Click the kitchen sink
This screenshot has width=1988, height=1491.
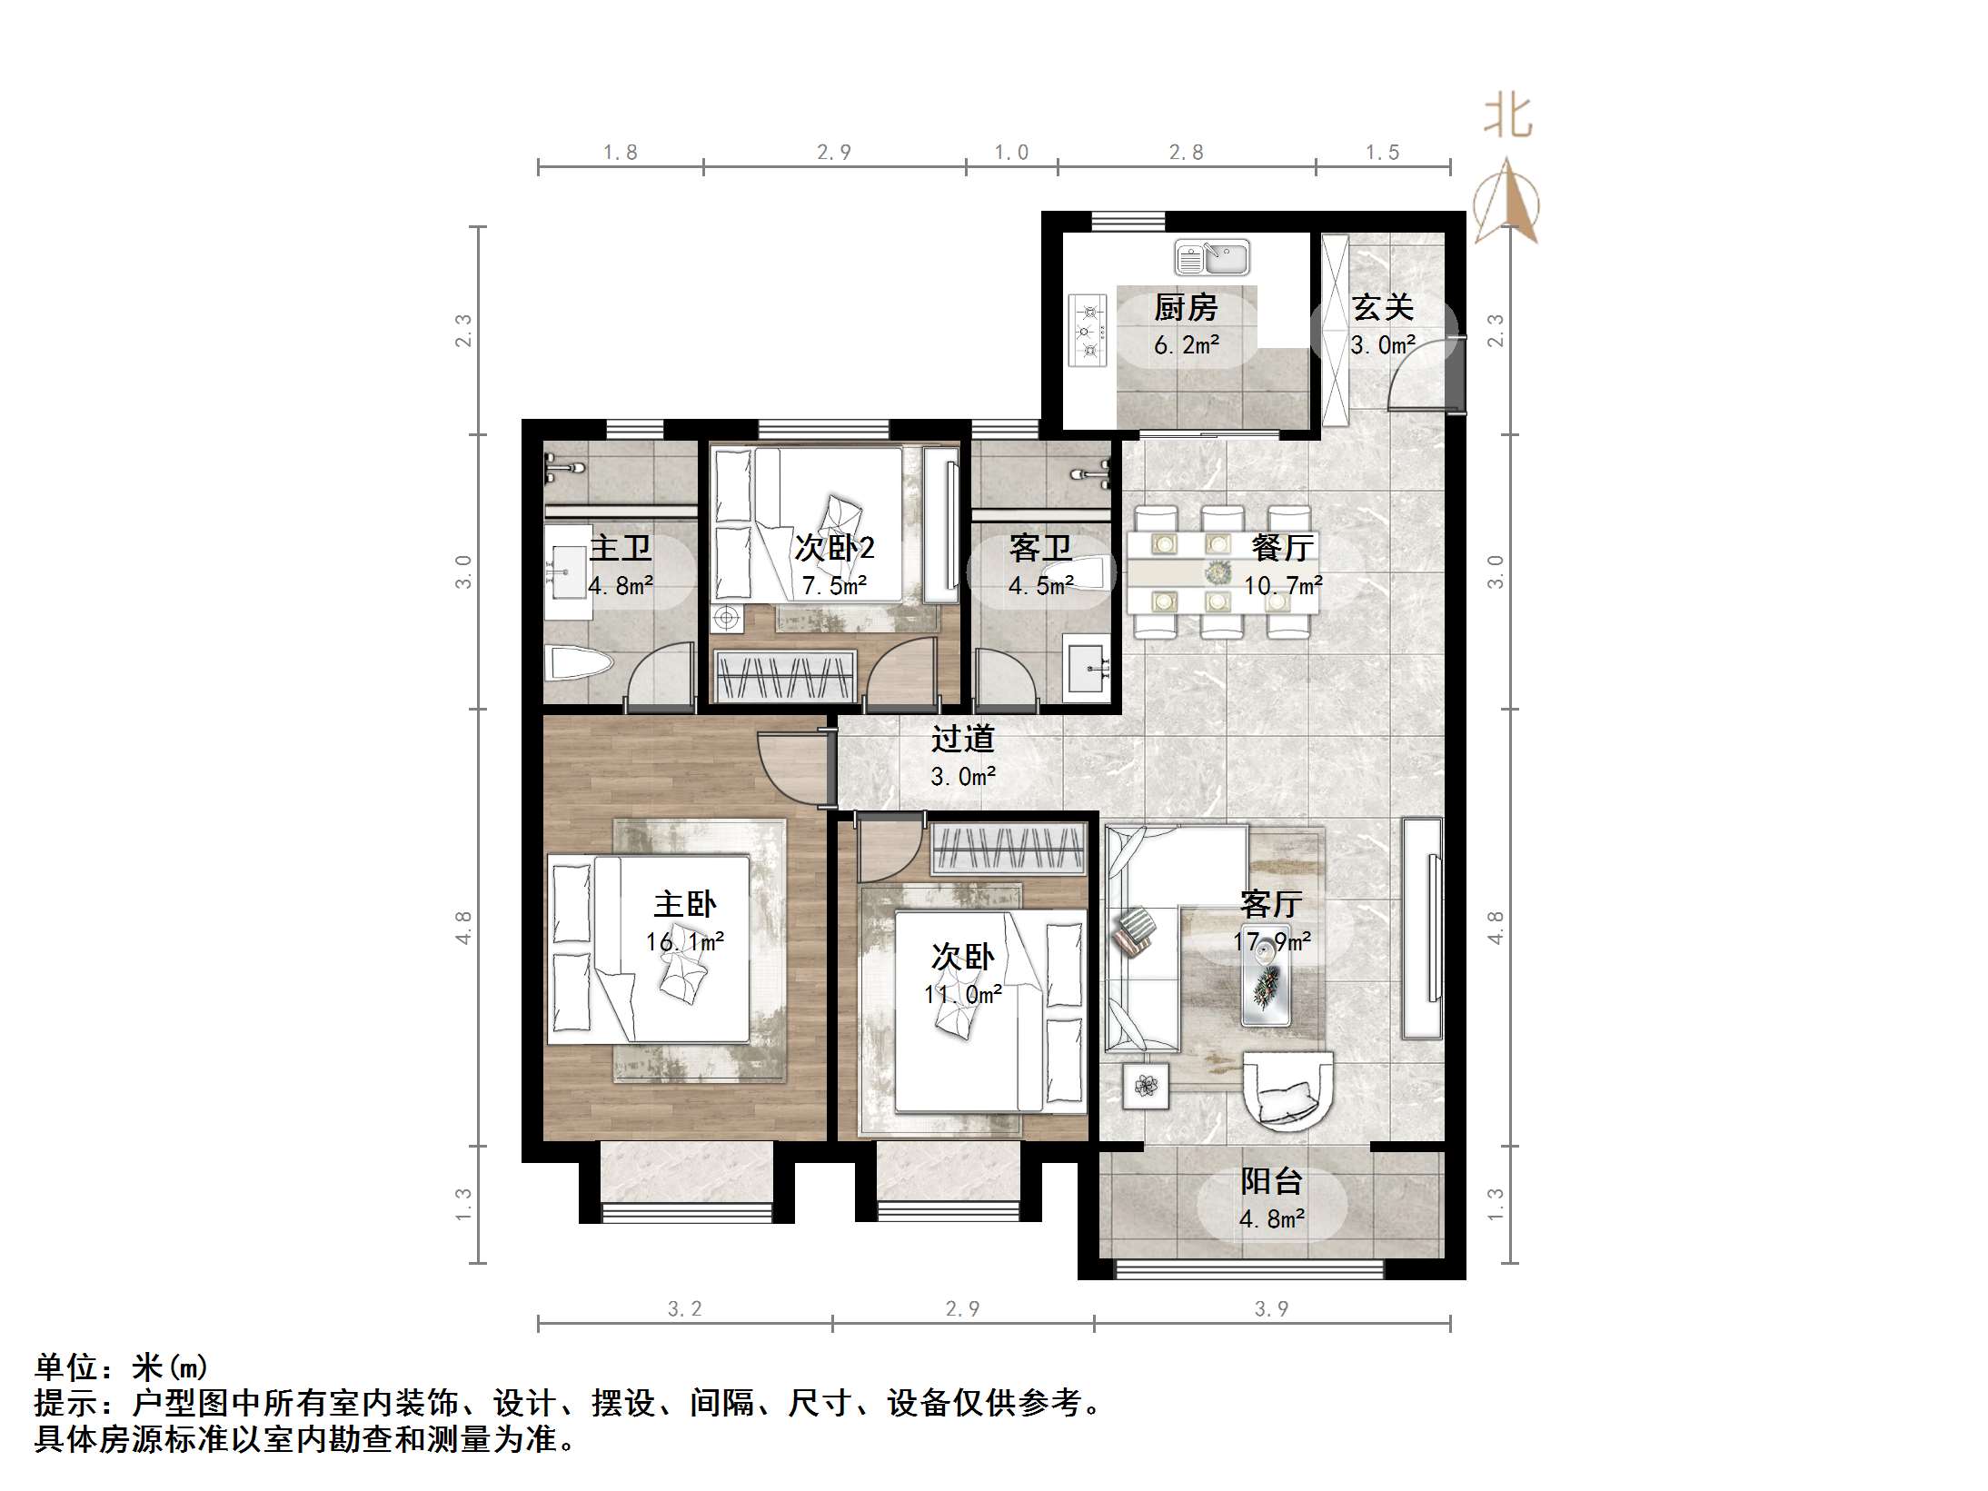[x=1212, y=257]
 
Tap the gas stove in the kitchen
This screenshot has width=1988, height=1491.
[x=1088, y=330]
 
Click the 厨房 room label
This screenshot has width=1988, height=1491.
[x=1186, y=309]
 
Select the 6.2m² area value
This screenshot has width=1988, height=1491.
[x=1187, y=345]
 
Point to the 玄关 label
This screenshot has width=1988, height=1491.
[x=1383, y=308]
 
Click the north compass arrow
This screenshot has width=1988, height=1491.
[x=1506, y=200]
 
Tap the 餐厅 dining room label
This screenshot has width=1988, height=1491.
[x=1282, y=547]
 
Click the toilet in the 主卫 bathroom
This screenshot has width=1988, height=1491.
[x=577, y=664]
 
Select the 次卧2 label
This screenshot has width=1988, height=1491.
[x=834, y=548]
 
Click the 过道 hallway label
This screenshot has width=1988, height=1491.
[x=962, y=739]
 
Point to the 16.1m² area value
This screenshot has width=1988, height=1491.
[x=685, y=941]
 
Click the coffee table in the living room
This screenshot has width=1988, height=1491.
[x=1266, y=982]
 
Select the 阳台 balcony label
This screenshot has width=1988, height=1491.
[x=1271, y=1181]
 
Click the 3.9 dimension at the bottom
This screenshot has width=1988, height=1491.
[x=1271, y=1308]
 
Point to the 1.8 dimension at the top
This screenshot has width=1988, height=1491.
[x=621, y=153]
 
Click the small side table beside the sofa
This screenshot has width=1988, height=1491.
[x=1146, y=1086]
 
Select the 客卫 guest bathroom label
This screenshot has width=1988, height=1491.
[x=1040, y=548]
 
